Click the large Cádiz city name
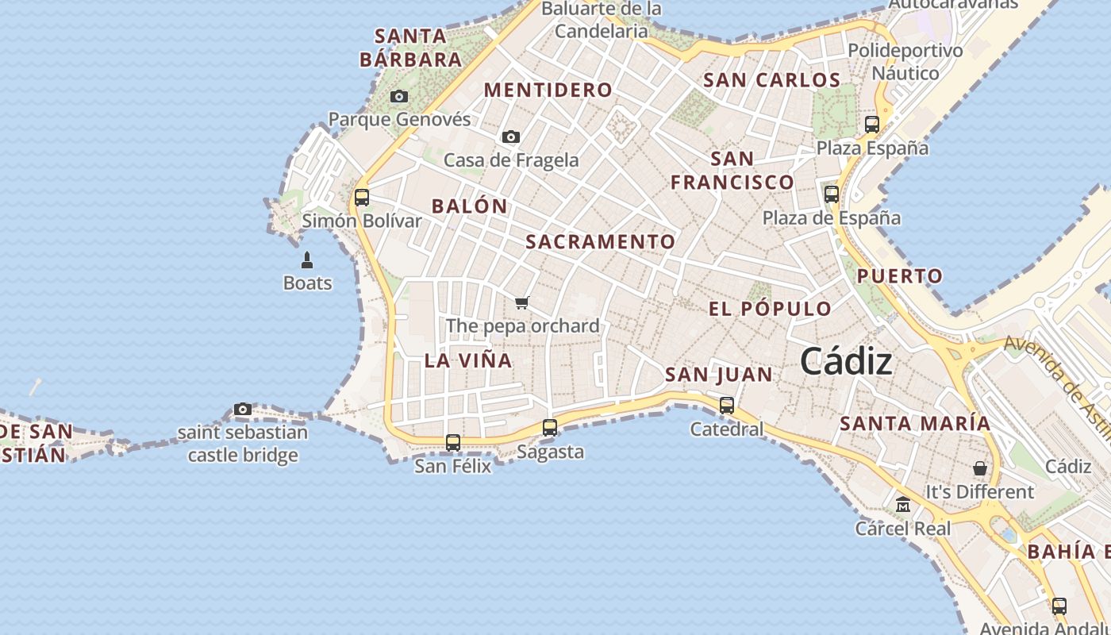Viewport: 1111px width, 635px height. click(x=846, y=362)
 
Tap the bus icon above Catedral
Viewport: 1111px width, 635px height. click(x=726, y=406)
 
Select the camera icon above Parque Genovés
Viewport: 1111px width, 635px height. click(x=399, y=97)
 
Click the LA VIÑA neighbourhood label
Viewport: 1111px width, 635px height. click(x=468, y=360)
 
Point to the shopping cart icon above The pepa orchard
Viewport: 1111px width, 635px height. click(x=521, y=302)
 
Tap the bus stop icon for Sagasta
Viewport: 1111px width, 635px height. click(x=549, y=428)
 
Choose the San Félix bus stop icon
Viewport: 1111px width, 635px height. click(x=452, y=443)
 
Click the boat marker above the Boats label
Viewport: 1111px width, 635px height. click(x=307, y=260)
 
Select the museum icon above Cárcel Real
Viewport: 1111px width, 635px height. click(x=902, y=505)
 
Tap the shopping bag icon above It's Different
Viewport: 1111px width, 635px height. click(x=980, y=468)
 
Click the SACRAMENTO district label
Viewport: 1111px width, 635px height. click(x=601, y=242)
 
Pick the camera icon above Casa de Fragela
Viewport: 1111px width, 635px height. click(x=511, y=137)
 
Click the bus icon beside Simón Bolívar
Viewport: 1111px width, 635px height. click(x=362, y=198)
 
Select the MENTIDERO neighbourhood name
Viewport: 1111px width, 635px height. click(x=548, y=90)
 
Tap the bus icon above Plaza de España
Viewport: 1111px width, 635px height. click(x=831, y=194)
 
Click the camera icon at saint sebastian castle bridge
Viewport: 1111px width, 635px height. click(x=243, y=410)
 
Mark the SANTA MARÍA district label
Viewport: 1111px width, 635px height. click(x=915, y=424)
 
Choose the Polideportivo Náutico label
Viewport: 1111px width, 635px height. click(x=905, y=62)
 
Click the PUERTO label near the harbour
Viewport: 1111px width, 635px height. click(x=899, y=277)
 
